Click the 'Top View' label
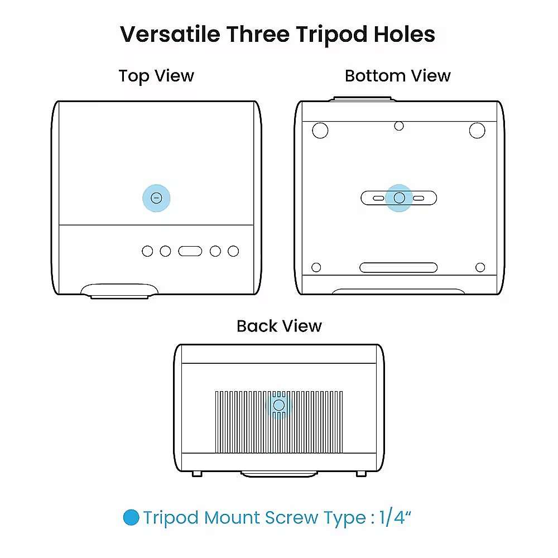click(x=156, y=76)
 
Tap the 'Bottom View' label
click(x=397, y=76)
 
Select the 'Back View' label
click(x=279, y=326)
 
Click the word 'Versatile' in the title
click(x=170, y=35)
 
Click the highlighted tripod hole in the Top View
click(x=156, y=198)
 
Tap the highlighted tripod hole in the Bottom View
click(x=400, y=198)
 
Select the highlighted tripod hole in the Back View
click(x=278, y=405)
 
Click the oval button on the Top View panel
click(x=190, y=251)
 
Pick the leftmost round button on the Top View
click(x=147, y=251)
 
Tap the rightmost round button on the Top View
click(x=233, y=251)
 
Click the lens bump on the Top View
click(x=119, y=291)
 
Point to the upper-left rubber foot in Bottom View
click(x=320, y=131)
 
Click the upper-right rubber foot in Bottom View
click(x=477, y=131)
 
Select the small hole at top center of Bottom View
click(x=399, y=126)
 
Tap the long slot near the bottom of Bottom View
click(x=398, y=268)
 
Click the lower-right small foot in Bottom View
click(x=480, y=267)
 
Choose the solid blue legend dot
click(x=131, y=517)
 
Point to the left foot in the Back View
click(x=197, y=474)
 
